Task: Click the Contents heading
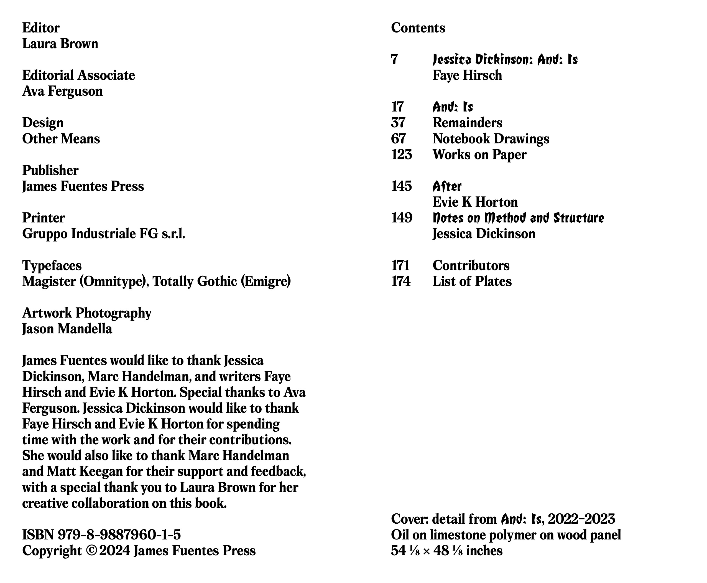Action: (418, 28)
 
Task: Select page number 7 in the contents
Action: (394, 59)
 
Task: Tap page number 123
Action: (401, 154)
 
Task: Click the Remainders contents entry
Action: (467, 123)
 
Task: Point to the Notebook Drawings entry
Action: (491, 139)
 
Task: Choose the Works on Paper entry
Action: (479, 154)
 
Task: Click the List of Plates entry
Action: (472, 282)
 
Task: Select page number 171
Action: (400, 266)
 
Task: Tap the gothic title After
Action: (446, 186)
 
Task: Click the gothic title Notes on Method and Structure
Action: (518, 218)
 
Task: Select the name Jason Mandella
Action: (67, 329)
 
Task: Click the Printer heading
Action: (43, 218)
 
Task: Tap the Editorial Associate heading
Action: (78, 75)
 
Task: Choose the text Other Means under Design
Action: (61, 139)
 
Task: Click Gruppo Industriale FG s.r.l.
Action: (103, 234)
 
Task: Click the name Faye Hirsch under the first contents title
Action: (467, 75)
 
